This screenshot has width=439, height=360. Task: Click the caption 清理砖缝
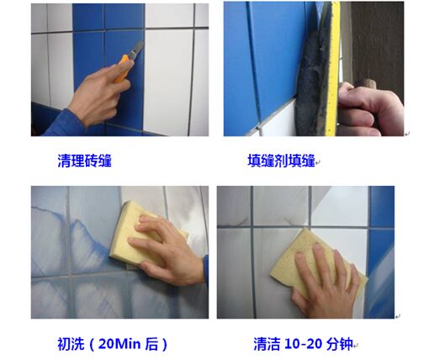(84, 161)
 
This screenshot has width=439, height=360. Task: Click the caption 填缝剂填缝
(281, 161)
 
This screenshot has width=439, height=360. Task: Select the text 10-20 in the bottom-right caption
(304, 344)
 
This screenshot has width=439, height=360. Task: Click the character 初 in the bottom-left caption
(64, 344)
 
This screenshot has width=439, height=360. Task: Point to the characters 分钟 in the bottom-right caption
(339, 344)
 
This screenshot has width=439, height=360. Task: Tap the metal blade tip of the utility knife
(141, 43)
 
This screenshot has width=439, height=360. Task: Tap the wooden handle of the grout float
(365, 84)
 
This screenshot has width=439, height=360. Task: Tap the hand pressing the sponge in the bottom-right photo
(326, 283)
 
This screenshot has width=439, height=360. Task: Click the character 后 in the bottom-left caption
(151, 344)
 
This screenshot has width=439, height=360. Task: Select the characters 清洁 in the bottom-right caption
(267, 344)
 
